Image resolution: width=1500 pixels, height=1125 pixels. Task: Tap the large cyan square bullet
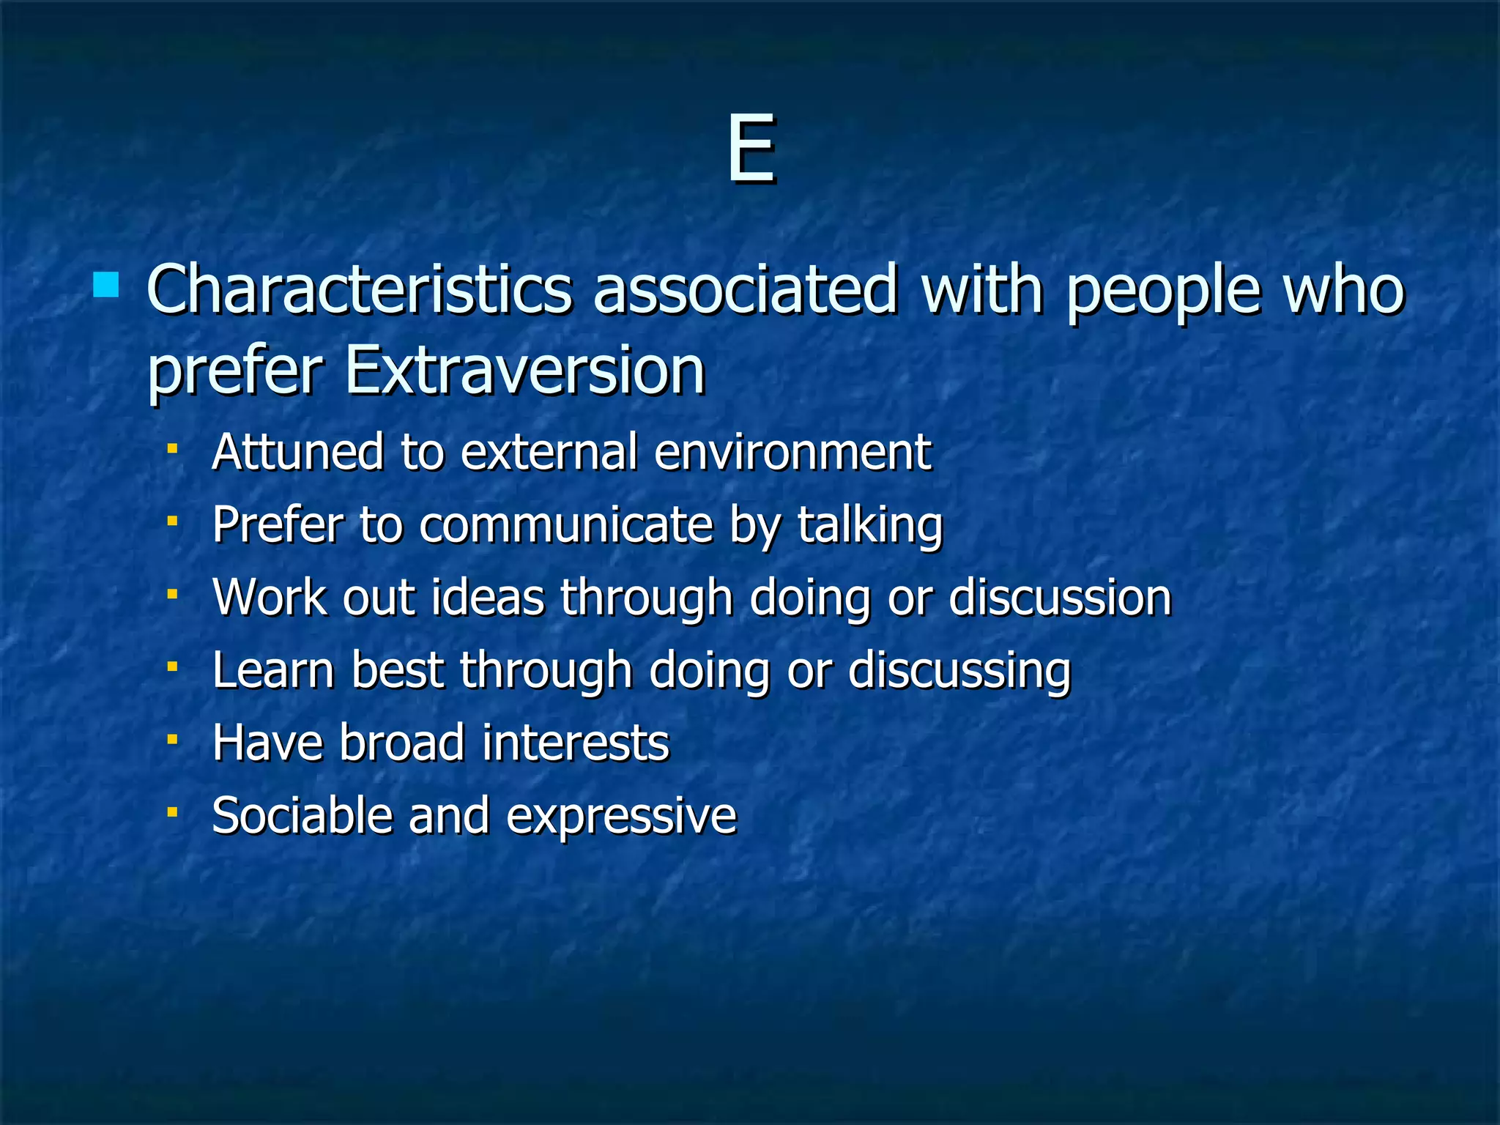(106, 284)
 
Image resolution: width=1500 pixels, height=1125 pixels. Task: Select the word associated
(745, 291)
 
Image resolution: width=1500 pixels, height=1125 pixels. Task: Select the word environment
(792, 452)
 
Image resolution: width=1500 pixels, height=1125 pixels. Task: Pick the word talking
(869, 527)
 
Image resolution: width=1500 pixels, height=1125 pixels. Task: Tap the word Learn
(273, 670)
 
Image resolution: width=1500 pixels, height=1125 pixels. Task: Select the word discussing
(959, 672)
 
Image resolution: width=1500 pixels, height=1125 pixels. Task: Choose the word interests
(576, 743)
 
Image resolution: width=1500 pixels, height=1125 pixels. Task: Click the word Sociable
(302, 815)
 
